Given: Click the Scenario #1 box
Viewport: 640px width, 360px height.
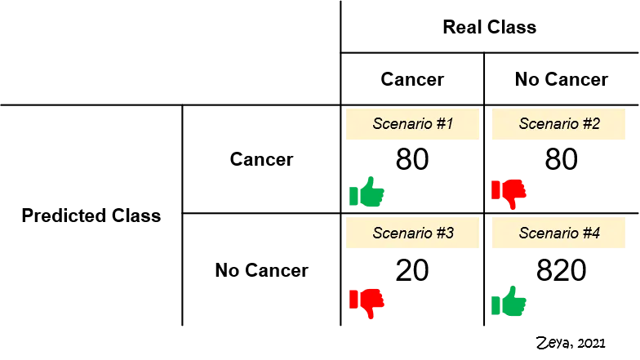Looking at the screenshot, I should pyautogui.click(x=412, y=125).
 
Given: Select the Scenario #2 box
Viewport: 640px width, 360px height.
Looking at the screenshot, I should pyautogui.click(x=558, y=125).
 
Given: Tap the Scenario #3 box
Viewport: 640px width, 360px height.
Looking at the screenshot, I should pyautogui.click(x=412, y=233).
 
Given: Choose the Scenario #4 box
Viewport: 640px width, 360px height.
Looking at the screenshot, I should pyautogui.click(x=558, y=233).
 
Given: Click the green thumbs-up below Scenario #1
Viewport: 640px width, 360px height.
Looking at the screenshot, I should pyautogui.click(x=367, y=194).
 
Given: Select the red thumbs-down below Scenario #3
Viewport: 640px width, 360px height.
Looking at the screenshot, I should pyautogui.click(x=367, y=301).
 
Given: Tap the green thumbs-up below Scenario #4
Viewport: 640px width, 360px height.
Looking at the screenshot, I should pyautogui.click(x=509, y=302).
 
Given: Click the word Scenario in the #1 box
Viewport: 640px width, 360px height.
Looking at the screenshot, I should pyautogui.click(x=399, y=125).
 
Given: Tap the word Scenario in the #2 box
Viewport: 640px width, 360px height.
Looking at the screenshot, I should pyautogui.click(x=545, y=125).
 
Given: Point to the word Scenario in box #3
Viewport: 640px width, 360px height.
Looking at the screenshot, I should pyautogui.click(x=399, y=233).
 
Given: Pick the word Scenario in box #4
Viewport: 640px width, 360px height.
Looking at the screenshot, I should pyautogui.click(x=545, y=233).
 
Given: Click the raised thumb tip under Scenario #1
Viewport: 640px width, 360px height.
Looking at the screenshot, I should pyautogui.click(x=373, y=180).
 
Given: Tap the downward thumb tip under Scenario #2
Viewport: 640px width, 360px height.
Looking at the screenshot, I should pyautogui.click(x=513, y=207).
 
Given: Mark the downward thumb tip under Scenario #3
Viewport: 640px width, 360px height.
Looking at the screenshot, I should pyautogui.click(x=371, y=315).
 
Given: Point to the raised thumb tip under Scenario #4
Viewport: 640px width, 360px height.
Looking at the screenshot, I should pyautogui.click(x=513, y=287).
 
